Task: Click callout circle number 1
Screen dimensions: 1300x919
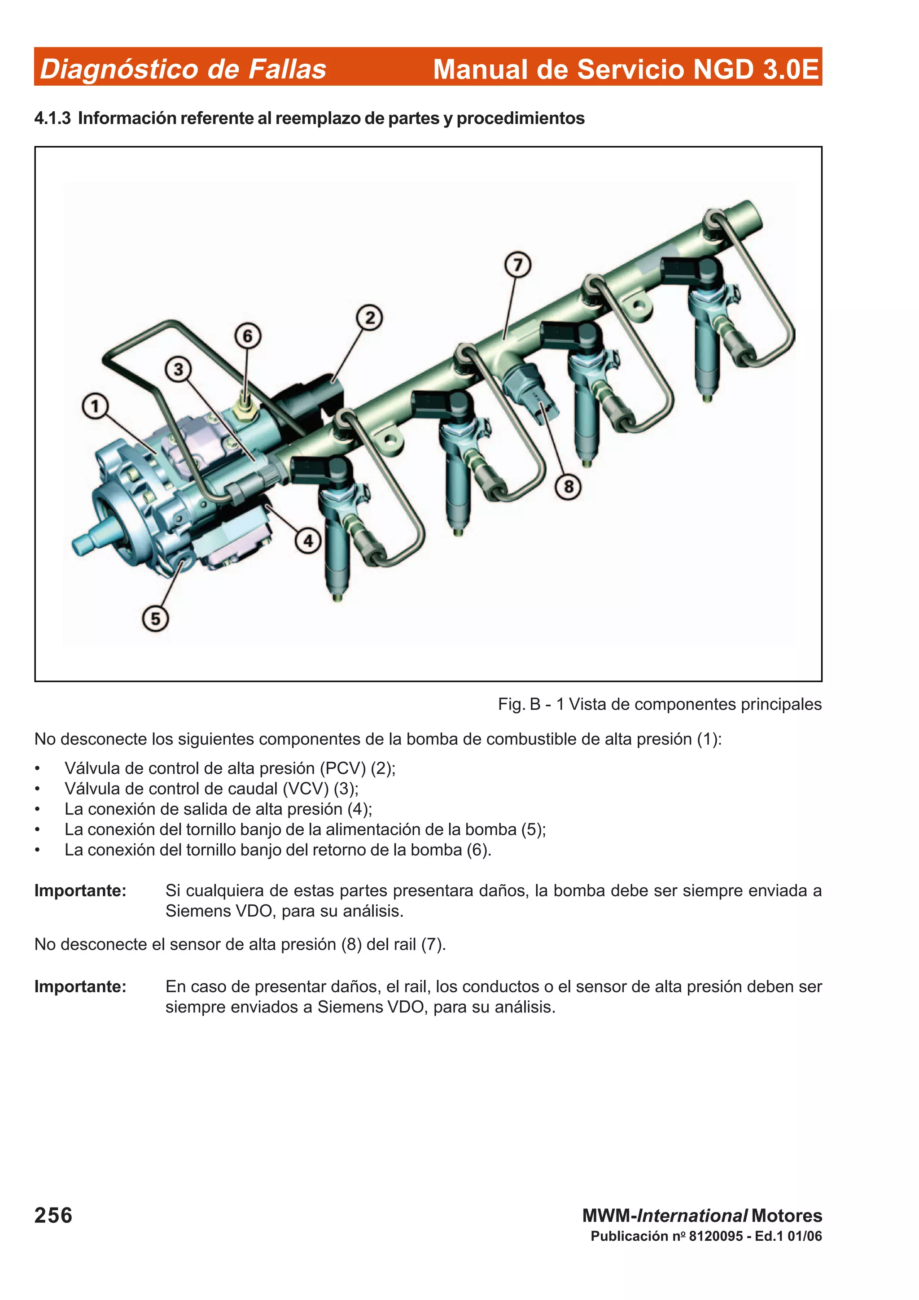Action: coord(95,406)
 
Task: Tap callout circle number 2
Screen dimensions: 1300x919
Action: coord(369,317)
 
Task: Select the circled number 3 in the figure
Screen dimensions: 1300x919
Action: coord(178,369)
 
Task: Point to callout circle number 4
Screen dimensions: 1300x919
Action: coord(308,541)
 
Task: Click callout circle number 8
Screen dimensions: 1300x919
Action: coord(569,486)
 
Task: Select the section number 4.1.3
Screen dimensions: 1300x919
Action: coord(52,118)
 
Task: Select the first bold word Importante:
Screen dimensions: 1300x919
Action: coord(80,890)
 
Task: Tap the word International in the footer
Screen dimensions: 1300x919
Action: coord(692,1216)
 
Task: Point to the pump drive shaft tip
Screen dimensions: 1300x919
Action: coord(79,544)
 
